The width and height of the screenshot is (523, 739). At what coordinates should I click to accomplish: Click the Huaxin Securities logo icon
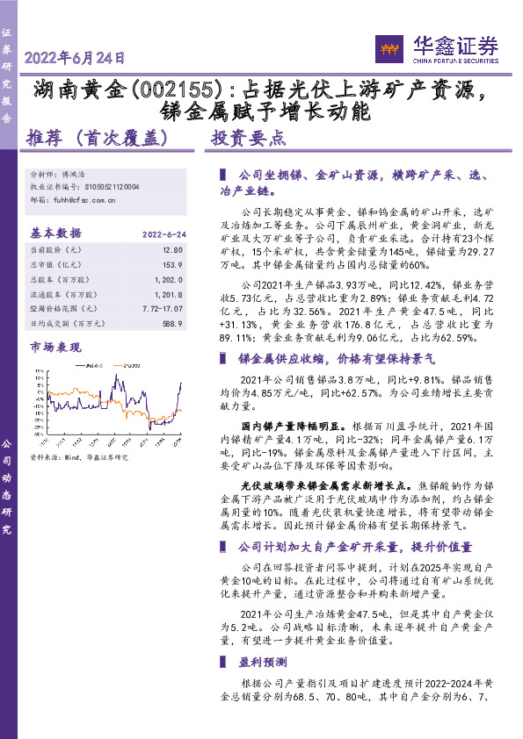(388, 47)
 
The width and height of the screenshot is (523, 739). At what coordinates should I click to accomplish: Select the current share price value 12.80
(172, 249)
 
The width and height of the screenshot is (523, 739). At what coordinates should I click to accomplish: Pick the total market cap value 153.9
(172, 262)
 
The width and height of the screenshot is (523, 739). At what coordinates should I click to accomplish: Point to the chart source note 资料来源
(79, 456)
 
